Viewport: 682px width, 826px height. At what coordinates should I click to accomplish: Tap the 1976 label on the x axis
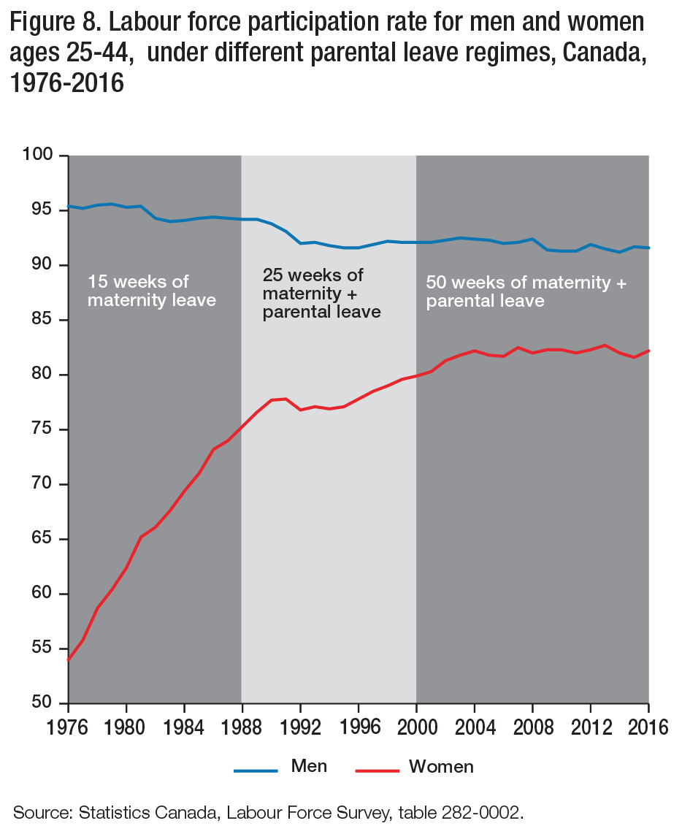click(68, 729)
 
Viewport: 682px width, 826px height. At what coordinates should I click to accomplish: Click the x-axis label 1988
click(242, 729)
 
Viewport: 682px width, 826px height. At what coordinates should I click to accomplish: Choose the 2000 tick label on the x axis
click(416, 729)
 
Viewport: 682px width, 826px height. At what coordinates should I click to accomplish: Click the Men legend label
click(309, 766)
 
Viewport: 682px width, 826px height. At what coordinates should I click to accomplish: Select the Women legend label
click(441, 766)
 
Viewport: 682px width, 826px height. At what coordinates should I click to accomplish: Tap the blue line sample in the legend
click(256, 770)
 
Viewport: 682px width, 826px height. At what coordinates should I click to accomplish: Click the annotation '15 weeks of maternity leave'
click(152, 291)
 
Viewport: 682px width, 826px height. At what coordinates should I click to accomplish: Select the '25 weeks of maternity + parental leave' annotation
click(321, 294)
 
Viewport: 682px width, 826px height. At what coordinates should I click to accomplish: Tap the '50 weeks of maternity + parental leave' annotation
click(526, 291)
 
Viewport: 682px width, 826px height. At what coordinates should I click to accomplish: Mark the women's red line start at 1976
click(69, 659)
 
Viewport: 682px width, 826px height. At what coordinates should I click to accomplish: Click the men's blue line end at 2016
click(648, 248)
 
